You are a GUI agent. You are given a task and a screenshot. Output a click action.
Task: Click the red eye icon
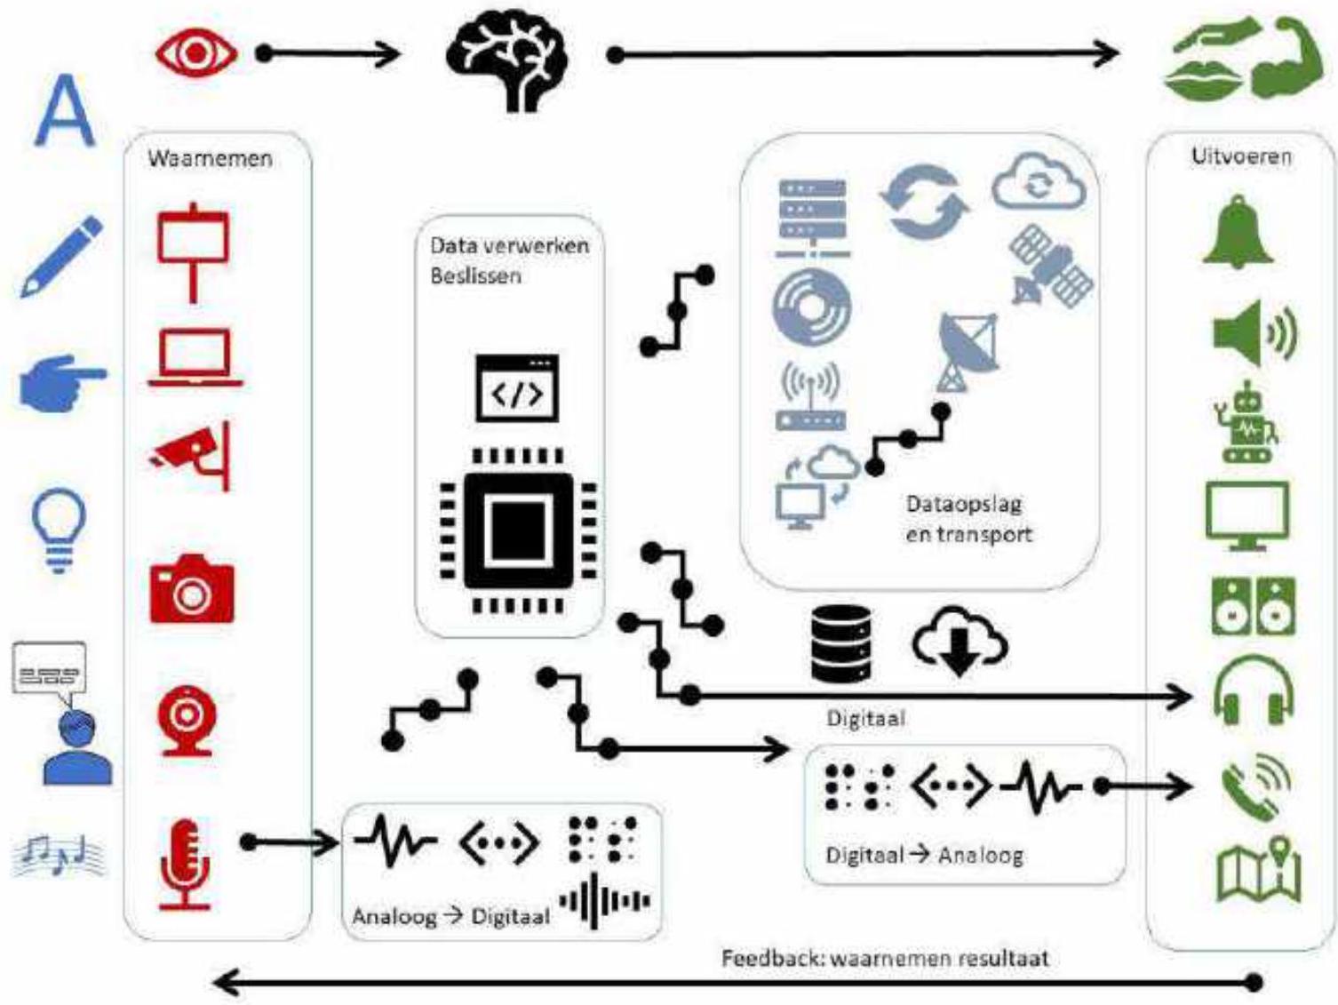pos(196,53)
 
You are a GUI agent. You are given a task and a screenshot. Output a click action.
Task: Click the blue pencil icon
pos(61,256)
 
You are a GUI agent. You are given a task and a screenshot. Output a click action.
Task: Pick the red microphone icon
pos(185,864)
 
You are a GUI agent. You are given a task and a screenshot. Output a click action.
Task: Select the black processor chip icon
pos(517,530)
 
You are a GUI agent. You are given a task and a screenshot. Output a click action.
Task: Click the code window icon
pos(517,387)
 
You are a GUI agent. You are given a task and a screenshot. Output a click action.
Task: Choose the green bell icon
pos(1238,233)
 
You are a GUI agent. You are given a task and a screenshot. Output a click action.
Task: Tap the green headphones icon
pos(1253,690)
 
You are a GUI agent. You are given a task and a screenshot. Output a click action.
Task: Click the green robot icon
pos(1246,422)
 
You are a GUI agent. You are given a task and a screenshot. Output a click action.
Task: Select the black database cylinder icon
pos(840,642)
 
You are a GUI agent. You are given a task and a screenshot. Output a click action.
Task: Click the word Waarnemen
pos(210,158)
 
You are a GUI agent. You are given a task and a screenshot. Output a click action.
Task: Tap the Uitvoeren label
pos(1241,156)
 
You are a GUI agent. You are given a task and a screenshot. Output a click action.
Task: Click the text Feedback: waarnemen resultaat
pos(884,958)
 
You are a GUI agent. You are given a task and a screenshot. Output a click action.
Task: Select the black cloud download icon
pos(959,640)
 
